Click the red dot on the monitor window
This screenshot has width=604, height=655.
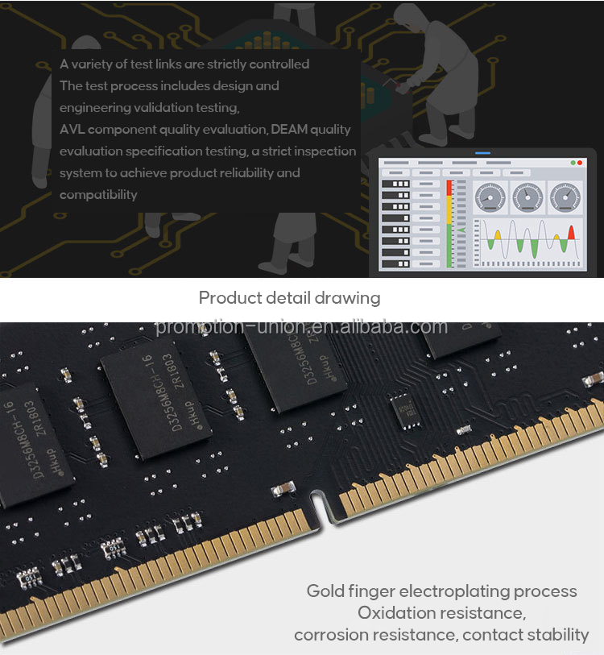coord(579,163)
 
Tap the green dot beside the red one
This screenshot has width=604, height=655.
coord(572,163)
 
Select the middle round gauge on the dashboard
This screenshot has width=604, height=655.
coord(527,197)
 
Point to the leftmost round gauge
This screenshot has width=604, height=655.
coord(490,197)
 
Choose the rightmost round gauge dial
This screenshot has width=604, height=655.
coord(564,197)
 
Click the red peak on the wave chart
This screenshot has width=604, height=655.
coord(571,233)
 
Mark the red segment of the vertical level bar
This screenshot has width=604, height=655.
coord(449,188)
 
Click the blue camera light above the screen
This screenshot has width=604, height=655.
coord(482,152)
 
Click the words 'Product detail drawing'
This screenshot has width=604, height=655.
coord(289,298)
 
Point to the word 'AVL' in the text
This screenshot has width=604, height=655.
coord(72,129)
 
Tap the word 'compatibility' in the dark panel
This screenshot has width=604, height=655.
coord(98,194)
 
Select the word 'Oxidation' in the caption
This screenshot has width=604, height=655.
coord(396,613)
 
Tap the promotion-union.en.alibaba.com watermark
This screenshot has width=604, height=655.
coord(301,326)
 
